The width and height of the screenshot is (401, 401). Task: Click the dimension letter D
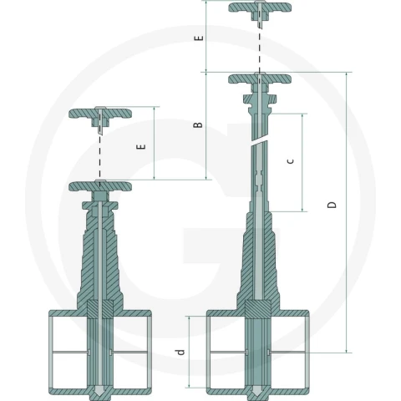(x=332, y=205)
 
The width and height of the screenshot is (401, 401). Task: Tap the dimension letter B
(x=198, y=124)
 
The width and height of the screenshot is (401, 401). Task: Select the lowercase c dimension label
(x=291, y=161)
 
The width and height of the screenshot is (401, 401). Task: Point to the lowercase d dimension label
(x=180, y=352)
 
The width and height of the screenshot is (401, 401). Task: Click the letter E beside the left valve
(x=141, y=146)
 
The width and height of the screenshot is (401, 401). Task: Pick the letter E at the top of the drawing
(x=199, y=38)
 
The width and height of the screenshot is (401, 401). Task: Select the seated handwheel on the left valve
(x=100, y=185)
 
